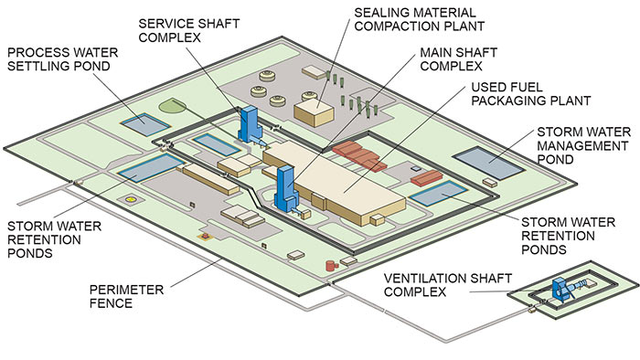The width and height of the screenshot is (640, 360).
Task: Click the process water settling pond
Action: (x=142, y=122)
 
